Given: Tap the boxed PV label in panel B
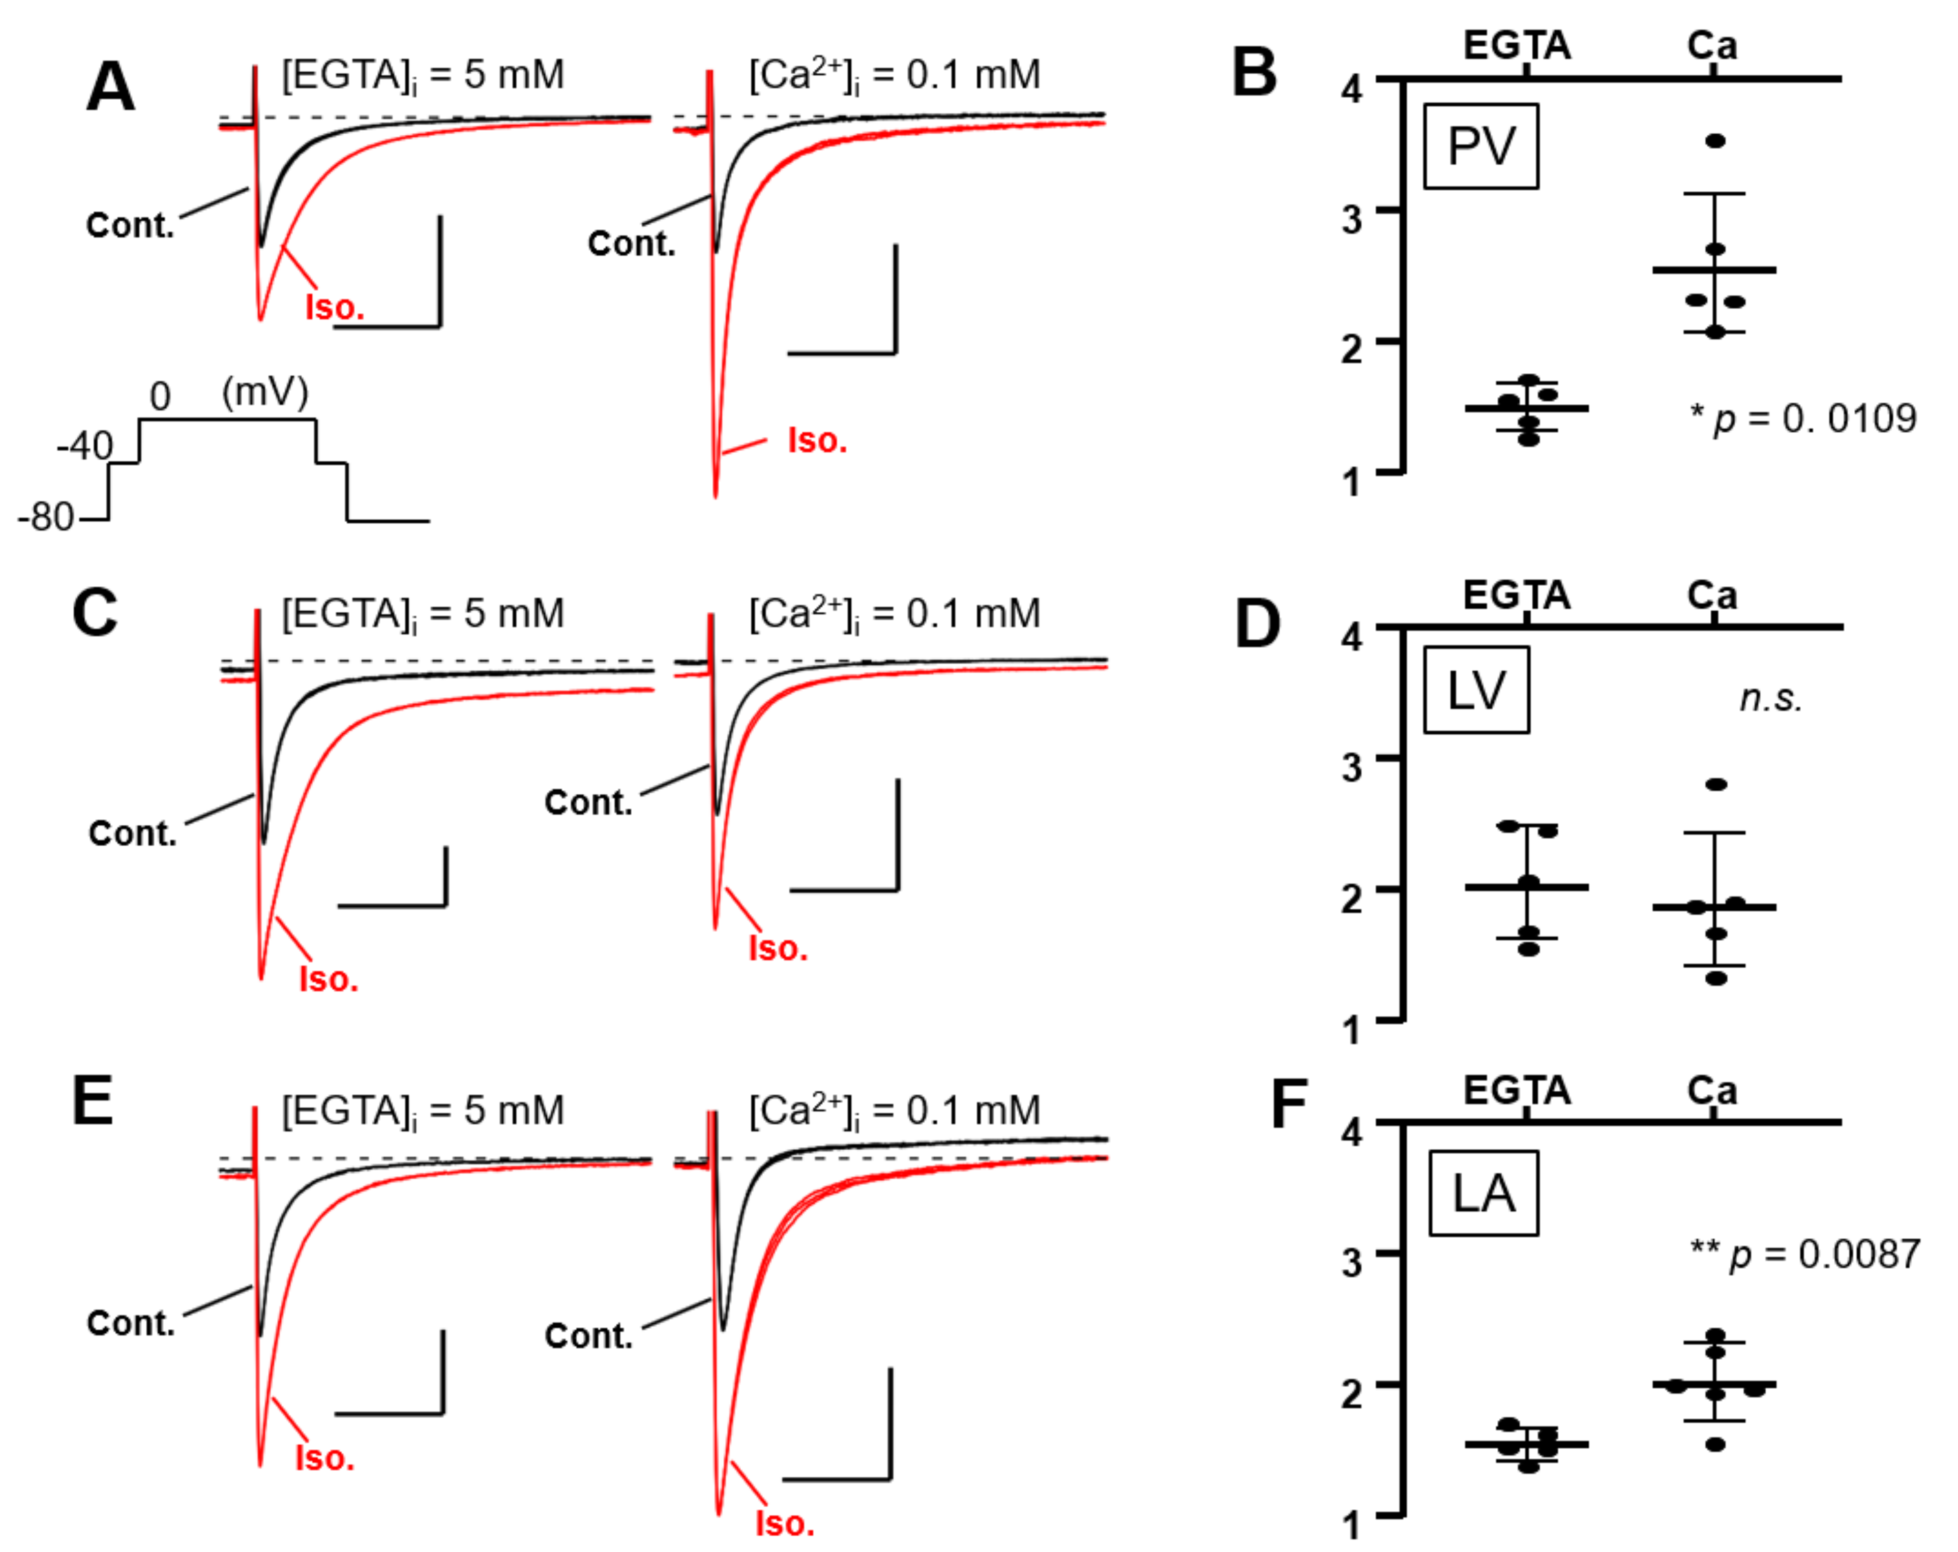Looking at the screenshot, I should point(1480,146).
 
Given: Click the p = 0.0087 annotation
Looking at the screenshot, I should point(1804,1254).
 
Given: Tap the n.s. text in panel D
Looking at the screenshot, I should point(1770,698).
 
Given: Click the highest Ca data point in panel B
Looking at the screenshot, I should point(1715,141).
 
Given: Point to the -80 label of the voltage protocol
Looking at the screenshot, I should point(45,518).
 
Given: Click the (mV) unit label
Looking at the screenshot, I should point(265,392).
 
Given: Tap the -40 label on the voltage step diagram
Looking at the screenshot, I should point(84,446).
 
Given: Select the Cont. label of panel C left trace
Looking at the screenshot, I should point(133,833).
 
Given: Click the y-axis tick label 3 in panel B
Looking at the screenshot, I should point(1352,219).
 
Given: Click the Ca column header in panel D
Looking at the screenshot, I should point(1712,595).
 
